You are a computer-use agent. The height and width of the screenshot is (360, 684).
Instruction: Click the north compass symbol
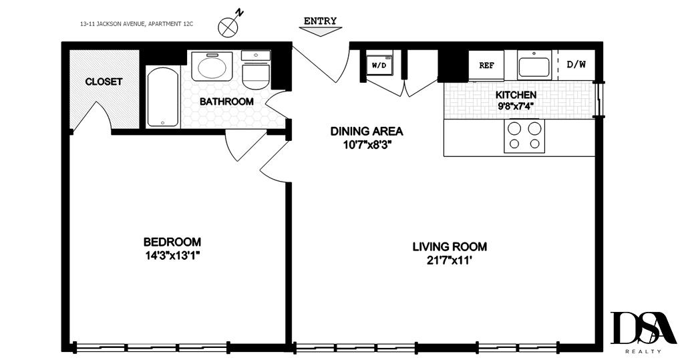(228, 27)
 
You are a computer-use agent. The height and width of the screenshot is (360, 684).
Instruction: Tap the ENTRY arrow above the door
(320, 31)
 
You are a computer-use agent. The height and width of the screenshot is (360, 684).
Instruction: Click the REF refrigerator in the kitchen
(486, 65)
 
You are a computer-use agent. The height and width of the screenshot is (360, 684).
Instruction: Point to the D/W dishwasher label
(576, 65)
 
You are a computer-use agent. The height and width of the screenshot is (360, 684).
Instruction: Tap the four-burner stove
(524, 136)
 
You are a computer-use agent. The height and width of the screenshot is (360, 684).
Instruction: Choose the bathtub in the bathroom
(163, 98)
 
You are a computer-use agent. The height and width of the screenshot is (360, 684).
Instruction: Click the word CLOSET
(104, 81)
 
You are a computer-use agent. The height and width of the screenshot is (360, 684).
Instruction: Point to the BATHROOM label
(226, 102)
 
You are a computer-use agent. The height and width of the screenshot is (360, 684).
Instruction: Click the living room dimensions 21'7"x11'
(450, 260)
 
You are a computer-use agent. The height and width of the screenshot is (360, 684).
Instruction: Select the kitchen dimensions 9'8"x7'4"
(516, 105)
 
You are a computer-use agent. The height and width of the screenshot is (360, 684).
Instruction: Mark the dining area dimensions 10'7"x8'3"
(367, 144)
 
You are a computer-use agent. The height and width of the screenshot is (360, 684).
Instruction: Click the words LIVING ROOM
(450, 246)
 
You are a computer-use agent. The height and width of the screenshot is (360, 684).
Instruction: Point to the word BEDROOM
(172, 242)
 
